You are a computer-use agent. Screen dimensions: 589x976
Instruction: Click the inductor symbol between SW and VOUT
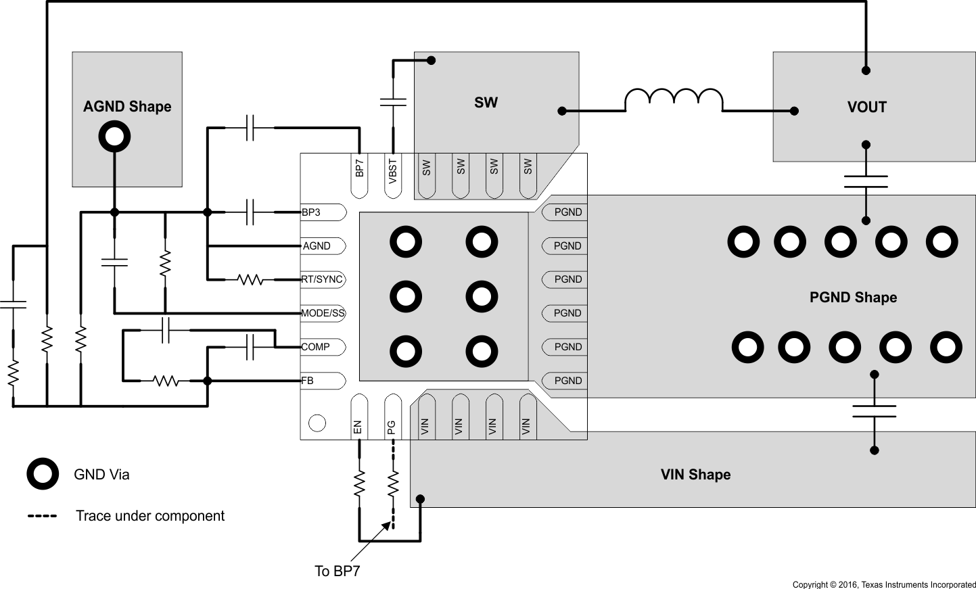click(x=673, y=100)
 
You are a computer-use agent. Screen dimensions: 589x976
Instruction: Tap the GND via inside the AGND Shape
click(x=114, y=137)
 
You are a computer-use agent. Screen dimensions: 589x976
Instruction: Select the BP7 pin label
click(x=359, y=168)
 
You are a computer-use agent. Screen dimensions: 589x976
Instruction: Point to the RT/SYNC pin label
click(x=322, y=279)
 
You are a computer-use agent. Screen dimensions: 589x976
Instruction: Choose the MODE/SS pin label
click(x=323, y=313)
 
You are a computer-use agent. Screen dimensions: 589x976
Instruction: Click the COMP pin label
click(x=316, y=347)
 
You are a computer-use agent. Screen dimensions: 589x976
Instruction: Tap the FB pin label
click(x=308, y=381)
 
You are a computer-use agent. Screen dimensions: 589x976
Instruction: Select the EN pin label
click(x=358, y=427)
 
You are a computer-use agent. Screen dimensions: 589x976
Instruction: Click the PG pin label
click(x=392, y=427)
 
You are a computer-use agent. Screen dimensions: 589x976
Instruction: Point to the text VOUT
click(x=866, y=107)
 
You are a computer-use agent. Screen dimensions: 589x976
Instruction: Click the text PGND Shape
click(x=853, y=298)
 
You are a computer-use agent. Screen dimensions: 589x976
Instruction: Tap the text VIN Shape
click(x=695, y=475)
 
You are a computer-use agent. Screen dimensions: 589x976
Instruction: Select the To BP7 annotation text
click(x=338, y=571)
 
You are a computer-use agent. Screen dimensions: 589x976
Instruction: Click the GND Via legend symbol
click(x=43, y=474)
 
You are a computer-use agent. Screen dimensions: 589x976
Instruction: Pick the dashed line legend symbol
click(x=42, y=516)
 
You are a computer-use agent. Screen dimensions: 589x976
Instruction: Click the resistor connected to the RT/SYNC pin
click(x=250, y=279)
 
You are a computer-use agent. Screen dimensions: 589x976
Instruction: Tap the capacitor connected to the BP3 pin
click(x=250, y=212)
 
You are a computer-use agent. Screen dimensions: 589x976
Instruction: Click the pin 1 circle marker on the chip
click(x=317, y=423)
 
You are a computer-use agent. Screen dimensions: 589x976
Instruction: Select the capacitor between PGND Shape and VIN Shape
click(x=874, y=411)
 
